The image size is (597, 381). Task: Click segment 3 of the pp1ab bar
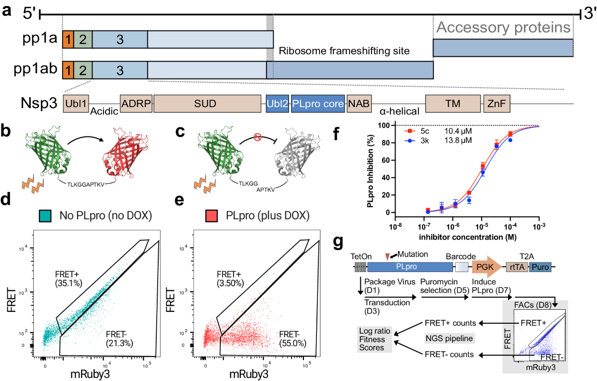click(x=119, y=70)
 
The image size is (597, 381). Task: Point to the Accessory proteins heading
click(x=502, y=27)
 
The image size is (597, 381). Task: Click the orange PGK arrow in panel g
click(x=486, y=267)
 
